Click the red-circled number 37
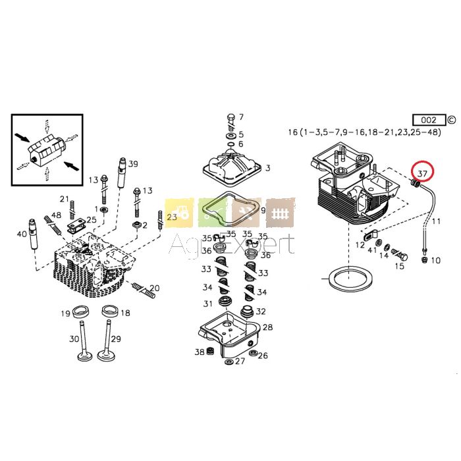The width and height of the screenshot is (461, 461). (422, 174)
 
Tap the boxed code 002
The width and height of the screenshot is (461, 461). (429, 120)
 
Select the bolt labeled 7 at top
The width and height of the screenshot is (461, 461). (231, 122)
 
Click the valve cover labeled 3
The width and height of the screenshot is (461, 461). (232, 167)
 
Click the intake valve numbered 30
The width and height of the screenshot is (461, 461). (85, 340)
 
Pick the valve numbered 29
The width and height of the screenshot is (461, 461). (106, 340)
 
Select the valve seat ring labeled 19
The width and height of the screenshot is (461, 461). (80, 312)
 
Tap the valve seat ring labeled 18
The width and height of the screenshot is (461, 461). (110, 312)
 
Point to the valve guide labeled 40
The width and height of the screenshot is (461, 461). (33, 234)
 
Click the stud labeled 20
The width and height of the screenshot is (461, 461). (144, 291)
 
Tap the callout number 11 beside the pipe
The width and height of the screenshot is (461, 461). (436, 221)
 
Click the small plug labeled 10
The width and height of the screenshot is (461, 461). (424, 259)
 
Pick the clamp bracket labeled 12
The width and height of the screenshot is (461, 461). (370, 235)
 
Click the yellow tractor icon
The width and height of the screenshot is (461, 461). (179, 213)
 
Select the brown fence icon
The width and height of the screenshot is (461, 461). (280, 213)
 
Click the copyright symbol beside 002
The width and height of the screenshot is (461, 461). (451, 120)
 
